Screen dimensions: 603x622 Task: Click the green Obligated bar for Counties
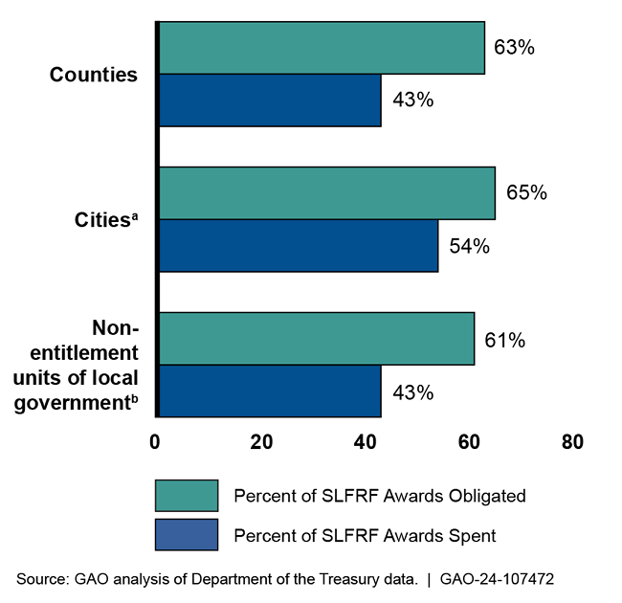[322, 48]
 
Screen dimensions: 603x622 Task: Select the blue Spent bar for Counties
[270, 100]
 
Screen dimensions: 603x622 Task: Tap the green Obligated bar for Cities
[326, 193]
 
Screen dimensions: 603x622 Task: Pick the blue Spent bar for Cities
[299, 245]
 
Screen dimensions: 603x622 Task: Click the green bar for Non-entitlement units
[316, 339]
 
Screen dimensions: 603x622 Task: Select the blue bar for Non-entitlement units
[270, 391]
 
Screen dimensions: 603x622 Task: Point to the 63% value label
[514, 47]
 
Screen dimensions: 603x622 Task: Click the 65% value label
[525, 192]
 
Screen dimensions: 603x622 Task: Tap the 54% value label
[469, 246]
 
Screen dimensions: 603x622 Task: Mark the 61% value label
[504, 340]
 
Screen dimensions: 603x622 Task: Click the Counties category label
[94, 75]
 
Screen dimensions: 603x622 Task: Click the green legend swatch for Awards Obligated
[187, 496]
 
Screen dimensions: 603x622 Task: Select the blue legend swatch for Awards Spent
[187, 535]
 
